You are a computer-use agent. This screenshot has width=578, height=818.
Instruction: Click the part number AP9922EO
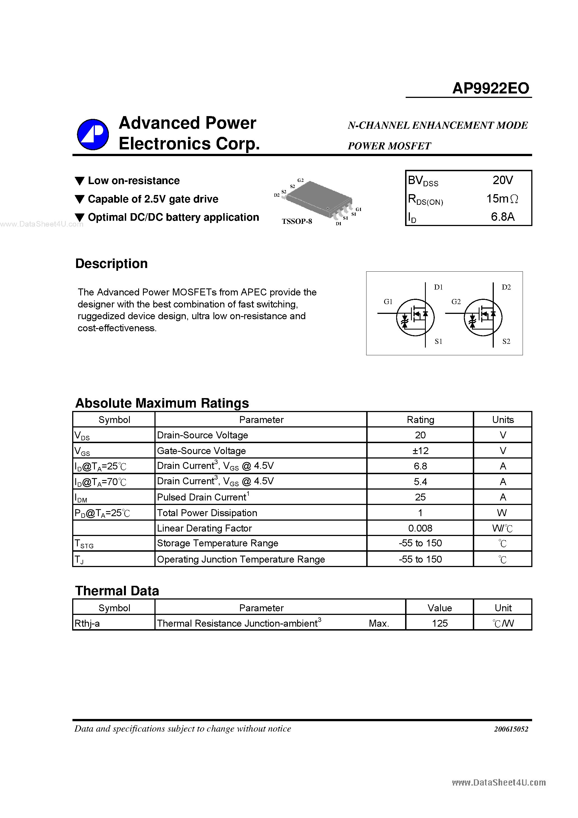(x=491, y=88)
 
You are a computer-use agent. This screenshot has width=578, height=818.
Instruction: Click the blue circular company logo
(x=93, y=134)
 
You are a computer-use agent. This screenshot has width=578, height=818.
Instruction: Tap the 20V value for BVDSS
(x=502, y=180)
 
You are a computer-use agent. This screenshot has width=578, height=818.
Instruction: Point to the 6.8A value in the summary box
(x=502, y=217)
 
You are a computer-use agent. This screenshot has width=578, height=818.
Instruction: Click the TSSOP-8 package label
(x=297, y=221)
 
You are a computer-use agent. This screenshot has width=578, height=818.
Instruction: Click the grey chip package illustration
(x=319, y=199)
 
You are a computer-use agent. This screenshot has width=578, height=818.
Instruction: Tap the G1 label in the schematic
(x=388, y=302)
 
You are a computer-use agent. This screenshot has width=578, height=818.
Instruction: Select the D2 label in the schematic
(x=506, y=287)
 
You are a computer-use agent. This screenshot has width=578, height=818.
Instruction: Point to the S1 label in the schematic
(x=438, y=341)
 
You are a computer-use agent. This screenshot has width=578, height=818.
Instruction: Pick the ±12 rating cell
(x=420, y=451)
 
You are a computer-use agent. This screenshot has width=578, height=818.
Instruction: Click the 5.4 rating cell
(x=420, y=482)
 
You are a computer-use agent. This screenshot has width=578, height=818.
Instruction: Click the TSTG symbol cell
(x=84, y=544)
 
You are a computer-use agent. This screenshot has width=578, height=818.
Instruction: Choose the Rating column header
(x=420, y=420)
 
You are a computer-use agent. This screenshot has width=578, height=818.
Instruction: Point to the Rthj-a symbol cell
(x=87, y=624)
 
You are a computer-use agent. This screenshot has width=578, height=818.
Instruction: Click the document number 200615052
(x=511, y=729)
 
